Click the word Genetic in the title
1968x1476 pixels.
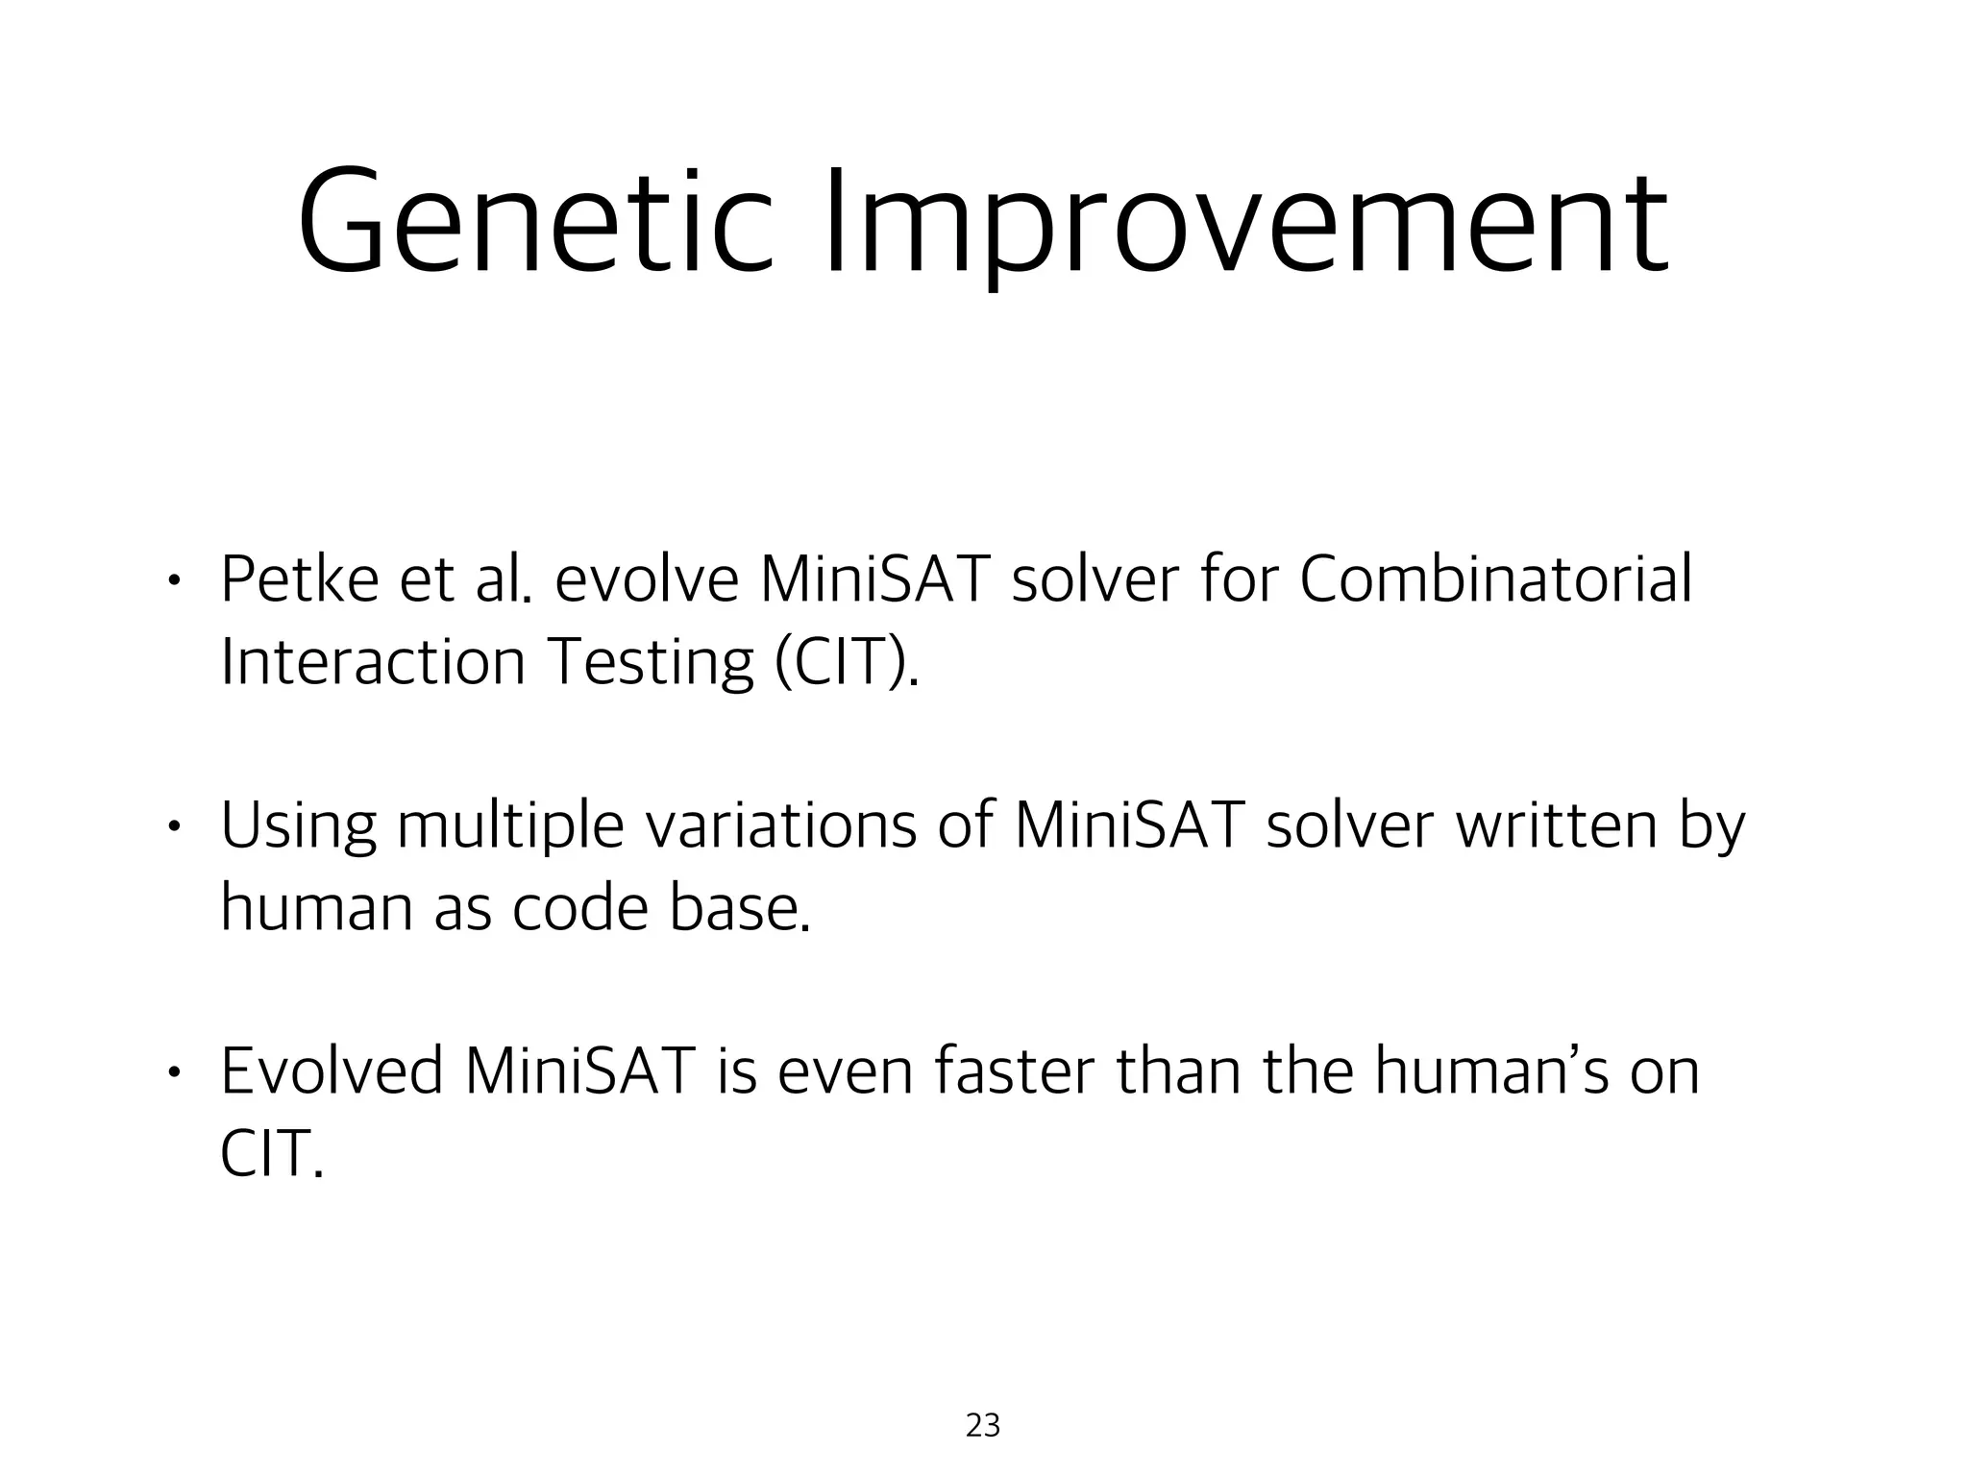click(x=534, y=223)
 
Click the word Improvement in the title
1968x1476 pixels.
click(x=1246, y=223)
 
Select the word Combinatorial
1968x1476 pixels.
click(x=1495, y=579)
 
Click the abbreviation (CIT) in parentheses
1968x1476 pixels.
click(x=846, y=662)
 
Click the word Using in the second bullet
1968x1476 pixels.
click(x=298, y=825)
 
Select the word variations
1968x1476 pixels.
click(x=780, y=825)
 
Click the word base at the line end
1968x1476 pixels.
click(x=740, y=907)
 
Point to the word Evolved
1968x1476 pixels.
click(x=332, y=1071)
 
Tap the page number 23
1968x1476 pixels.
click(x=983, y=1425)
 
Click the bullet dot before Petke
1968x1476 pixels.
click(x=172, y=580)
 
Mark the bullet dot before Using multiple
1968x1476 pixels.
click(x=172, y=826)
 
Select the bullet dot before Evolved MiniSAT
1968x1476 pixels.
click(x=172, y=1072)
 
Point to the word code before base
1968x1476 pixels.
click(x=580, y=907)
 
